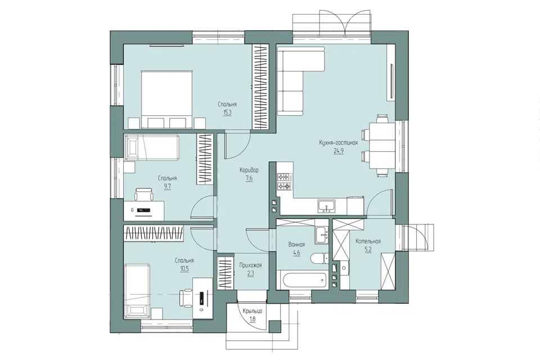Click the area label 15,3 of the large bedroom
pos(227,112)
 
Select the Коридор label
pos(249,170)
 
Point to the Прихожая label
pos(250,265)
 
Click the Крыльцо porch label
pos(253,311)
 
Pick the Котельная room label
pos(368,241)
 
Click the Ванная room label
pos(296,245)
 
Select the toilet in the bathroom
pos(319,259)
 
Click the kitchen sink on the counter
pos(326,206)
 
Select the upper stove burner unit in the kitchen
pos(285,177)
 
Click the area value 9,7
pos(168,186)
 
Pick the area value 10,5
pos(184,269)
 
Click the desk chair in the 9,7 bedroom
pos(144,195)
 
